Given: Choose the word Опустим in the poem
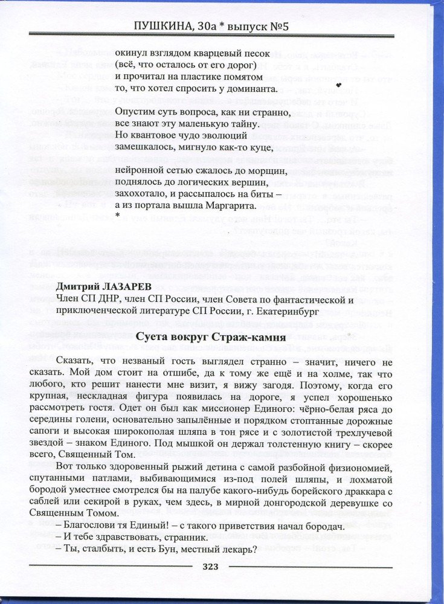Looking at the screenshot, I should pos(133,112).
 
